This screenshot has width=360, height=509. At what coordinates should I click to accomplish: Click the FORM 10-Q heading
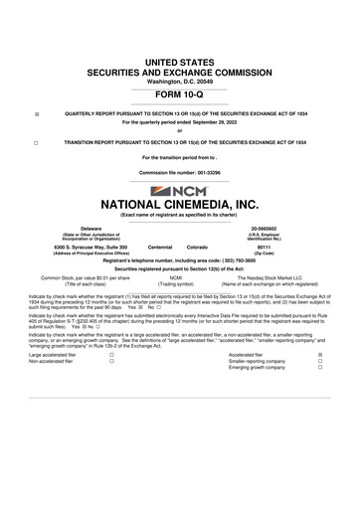179,97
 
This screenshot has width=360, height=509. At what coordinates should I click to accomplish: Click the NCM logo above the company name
180,190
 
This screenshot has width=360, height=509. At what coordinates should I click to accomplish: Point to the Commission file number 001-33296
179,173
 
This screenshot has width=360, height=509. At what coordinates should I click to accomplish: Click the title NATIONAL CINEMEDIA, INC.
179,207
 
